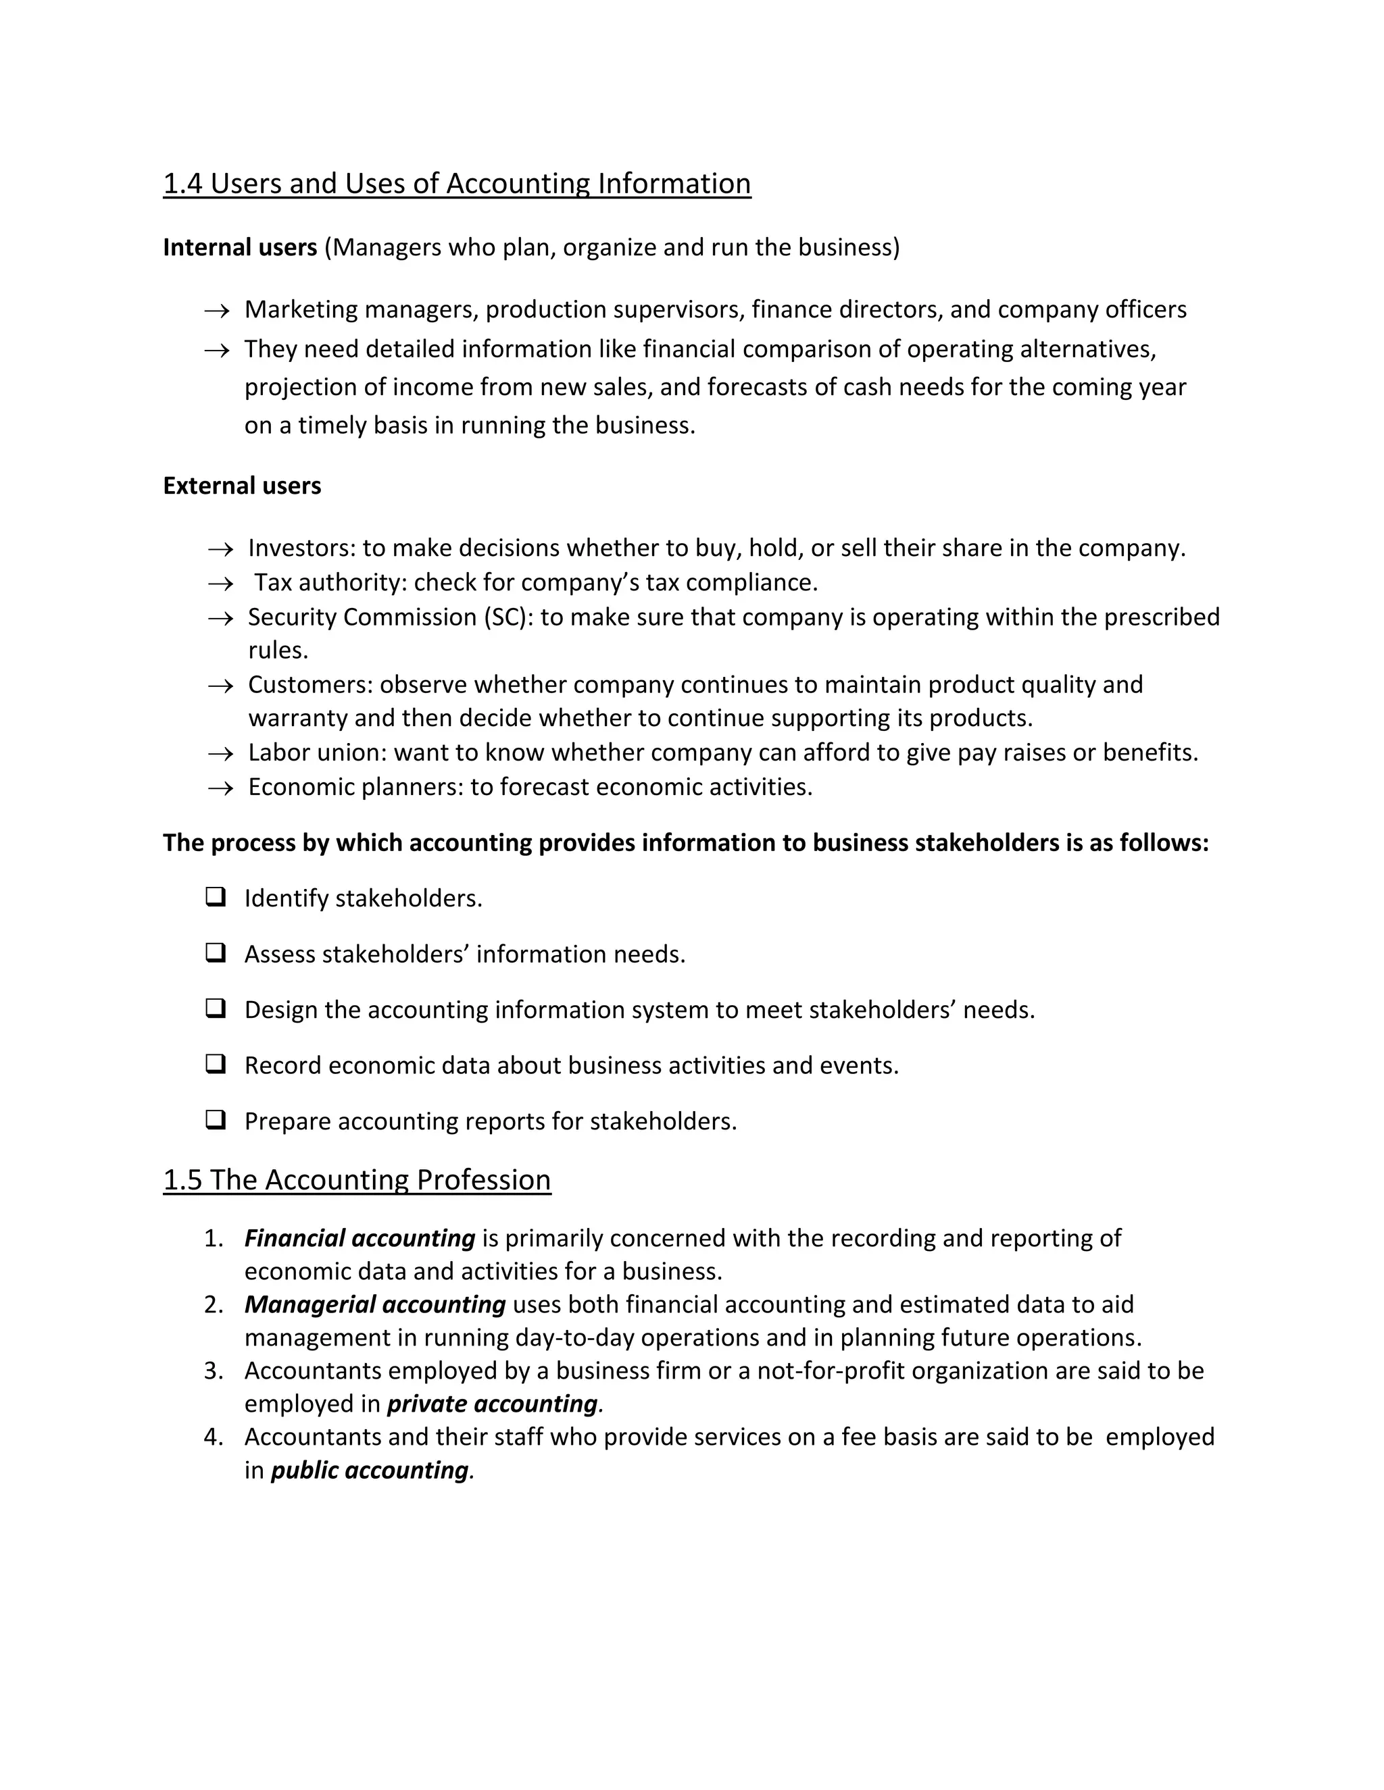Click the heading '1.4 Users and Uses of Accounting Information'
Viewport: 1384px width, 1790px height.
[457, 184]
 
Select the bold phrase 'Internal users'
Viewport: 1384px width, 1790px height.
[239, 247]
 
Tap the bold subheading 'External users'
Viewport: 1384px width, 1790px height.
[242, 486]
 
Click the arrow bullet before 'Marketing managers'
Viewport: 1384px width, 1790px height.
[216, 311]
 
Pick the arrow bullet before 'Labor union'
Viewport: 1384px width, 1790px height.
[220, 753]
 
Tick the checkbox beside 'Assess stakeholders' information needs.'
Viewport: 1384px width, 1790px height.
[216, 952]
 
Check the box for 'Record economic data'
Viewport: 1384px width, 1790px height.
[216, 1064]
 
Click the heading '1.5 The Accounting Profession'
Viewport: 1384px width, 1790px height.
[357, 1180]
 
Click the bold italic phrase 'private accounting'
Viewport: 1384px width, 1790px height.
[492, 1404]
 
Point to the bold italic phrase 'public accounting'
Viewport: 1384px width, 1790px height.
[369, 1471]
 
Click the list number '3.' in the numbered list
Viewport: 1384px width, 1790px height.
[213, 1371]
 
